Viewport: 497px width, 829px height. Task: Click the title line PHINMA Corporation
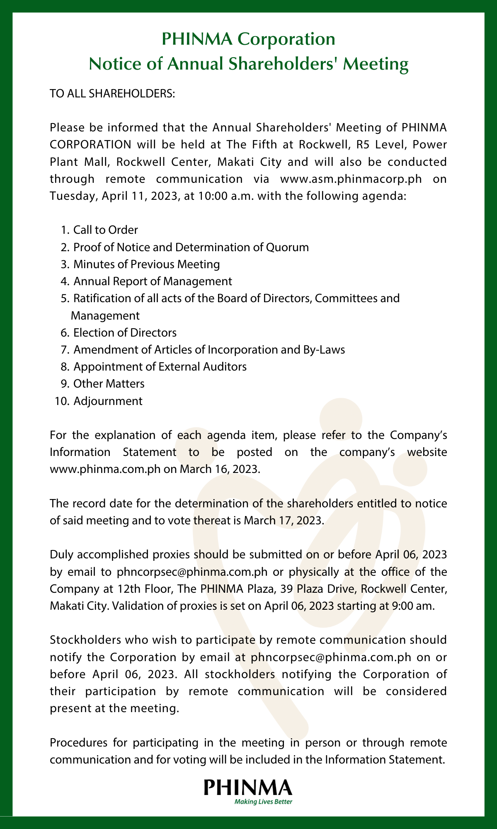[x=248, y=39]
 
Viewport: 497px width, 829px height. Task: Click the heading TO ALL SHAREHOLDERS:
[x=113, y=94]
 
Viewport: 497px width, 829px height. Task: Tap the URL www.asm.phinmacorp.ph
[x=351, y=179]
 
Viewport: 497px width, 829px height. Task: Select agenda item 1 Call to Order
[x=105, y=230]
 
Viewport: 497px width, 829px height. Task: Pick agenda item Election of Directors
[x=125, y=333]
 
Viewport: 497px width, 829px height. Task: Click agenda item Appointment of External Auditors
[x=160, y=367]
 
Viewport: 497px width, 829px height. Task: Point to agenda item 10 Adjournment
[x=107, y=401]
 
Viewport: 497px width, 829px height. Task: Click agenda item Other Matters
[x=109, y=384]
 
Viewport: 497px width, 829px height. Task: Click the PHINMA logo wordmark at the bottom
[x=248, y=787]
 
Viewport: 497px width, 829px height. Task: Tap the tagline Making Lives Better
[x=264, y=802]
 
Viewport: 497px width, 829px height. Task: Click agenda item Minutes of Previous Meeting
[x=146, y=264]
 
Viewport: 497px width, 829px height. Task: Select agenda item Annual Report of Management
[x=153, y=281]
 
